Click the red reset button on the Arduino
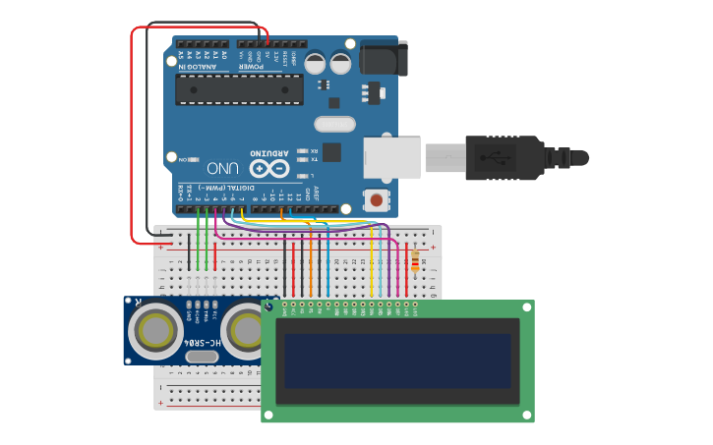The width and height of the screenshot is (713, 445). pos(376,200)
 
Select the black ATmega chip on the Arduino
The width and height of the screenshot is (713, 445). pos(239,89)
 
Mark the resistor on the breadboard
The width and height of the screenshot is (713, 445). pos(414,262)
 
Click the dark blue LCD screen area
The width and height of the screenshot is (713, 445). pos(397,361)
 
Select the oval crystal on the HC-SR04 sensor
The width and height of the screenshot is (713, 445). pos(201,356)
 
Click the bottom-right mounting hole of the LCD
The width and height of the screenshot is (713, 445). pos(527,416)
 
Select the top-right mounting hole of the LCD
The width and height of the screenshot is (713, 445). pos(527,307)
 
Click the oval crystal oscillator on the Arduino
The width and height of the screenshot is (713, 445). pos(334,124)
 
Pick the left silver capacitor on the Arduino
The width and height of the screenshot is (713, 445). pos(315,63)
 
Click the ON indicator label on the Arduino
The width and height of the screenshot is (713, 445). pos(184,158)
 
